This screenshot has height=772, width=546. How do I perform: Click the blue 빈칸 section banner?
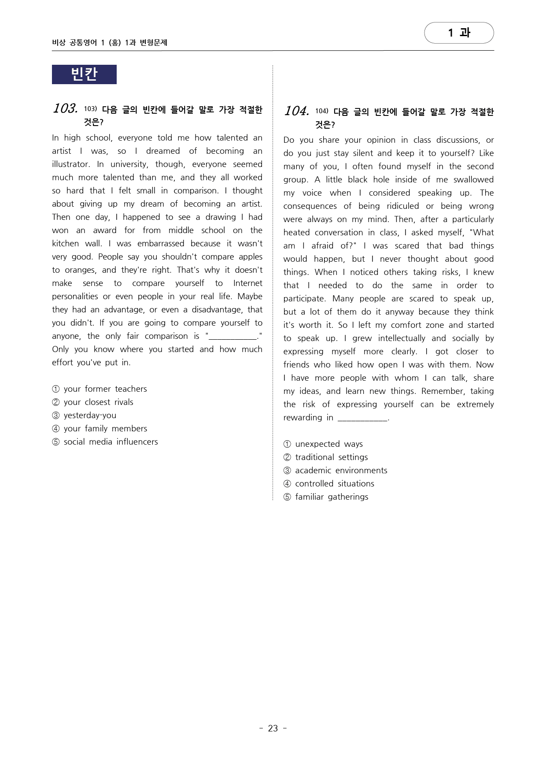[84, 74]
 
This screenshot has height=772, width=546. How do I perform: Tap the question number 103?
[65, 108]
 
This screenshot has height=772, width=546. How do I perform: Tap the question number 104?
[296, 111]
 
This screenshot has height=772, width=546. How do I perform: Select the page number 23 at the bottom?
[273, 728]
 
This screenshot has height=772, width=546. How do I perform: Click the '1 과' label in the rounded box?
[459, 33]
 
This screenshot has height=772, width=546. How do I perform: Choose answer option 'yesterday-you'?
[90, 416]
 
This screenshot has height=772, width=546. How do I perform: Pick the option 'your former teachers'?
[105, 389]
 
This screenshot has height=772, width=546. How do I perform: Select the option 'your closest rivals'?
[98, 402]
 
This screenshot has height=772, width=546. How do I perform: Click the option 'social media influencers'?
[111, 442]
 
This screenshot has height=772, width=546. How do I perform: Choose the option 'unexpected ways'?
[329, 444]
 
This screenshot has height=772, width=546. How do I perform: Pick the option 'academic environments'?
[341, 471]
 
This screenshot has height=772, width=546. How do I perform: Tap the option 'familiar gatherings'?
[332, 497]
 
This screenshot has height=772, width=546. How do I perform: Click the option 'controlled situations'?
[335, 484]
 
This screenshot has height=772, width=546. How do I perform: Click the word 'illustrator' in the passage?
[70, 164]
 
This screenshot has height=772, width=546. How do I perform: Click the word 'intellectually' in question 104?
[402, 338]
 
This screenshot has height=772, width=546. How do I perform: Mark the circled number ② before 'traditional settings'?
[287, 457]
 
